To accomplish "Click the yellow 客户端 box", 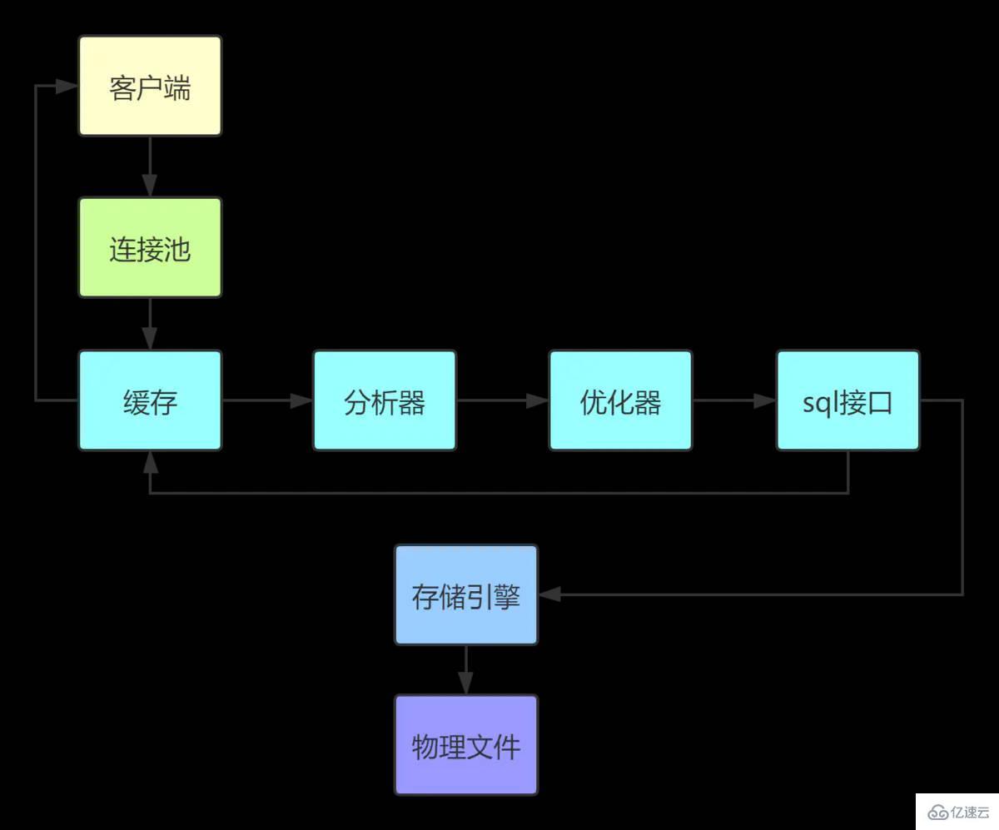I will coord(150,86).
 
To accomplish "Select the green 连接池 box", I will coord(150,247).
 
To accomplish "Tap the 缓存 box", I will coord(150,400).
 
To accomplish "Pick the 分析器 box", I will coord(385,400).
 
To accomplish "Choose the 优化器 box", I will coord(620,400).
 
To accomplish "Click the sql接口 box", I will coord(847,400).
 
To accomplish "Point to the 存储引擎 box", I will coord(466,594).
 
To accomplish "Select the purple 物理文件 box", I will coord(466,745).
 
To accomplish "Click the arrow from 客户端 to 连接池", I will coord(150,166).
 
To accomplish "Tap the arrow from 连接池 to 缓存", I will coord(150,324).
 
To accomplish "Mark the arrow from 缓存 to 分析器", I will coord(267,400).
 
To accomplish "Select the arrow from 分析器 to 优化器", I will coord(502,400).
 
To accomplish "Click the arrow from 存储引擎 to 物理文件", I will coord(466,670).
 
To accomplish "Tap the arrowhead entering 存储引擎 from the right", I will coord(550,594).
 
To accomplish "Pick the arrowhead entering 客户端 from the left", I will coord(67,86).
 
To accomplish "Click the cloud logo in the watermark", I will coord(937,812).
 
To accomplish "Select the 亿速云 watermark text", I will coord(971,812).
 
